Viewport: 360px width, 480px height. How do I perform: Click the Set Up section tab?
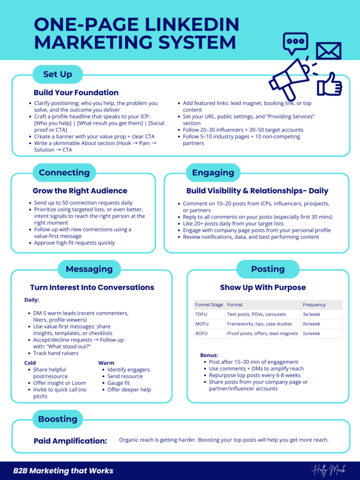(x=57, y=75)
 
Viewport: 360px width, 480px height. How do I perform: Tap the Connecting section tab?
(x=64, y=172)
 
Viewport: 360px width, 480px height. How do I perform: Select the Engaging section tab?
(x=213, y=172)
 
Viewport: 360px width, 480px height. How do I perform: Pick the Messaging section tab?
(x=89, y=269)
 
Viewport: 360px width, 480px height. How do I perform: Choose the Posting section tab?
(x=268, y=269)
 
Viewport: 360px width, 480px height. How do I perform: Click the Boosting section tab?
(x=57, y=419)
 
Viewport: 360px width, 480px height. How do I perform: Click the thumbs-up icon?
(x=330, y=85)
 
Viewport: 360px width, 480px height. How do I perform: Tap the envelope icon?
(x=328, y=51)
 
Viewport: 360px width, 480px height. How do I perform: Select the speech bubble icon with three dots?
(x=295, y=43)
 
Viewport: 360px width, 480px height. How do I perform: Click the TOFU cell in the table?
(x=201, y=314)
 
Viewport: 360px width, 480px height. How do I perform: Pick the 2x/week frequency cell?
(x=312, y=324)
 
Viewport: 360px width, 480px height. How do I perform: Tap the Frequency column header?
(x=314, y=305)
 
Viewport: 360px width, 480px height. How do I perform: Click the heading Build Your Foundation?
(x=76, y=92)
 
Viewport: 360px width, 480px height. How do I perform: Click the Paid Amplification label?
(x=70, y=441)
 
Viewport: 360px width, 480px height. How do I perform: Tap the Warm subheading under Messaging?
(x=106, y=363)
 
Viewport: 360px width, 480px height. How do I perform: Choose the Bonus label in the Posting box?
(x=209, y=355)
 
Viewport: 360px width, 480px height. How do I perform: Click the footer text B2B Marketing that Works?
(x=63, y=471)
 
